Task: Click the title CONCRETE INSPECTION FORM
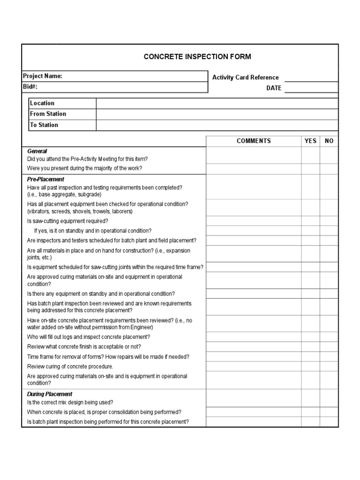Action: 197,57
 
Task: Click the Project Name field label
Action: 42,76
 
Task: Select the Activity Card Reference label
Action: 245,77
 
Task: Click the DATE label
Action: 274,88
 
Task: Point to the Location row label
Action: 42,103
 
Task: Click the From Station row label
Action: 48,114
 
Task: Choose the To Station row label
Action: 44,125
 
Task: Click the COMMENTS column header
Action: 254,141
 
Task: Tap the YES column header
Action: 310,141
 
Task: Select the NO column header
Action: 329,141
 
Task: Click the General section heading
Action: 37,151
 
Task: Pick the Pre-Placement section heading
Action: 45,179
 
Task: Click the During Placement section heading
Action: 50,394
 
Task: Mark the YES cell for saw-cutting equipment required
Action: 310,221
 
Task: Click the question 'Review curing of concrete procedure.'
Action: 70,367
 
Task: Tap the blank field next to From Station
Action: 217,114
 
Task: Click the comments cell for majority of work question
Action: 254,169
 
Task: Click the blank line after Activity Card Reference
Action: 311,78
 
